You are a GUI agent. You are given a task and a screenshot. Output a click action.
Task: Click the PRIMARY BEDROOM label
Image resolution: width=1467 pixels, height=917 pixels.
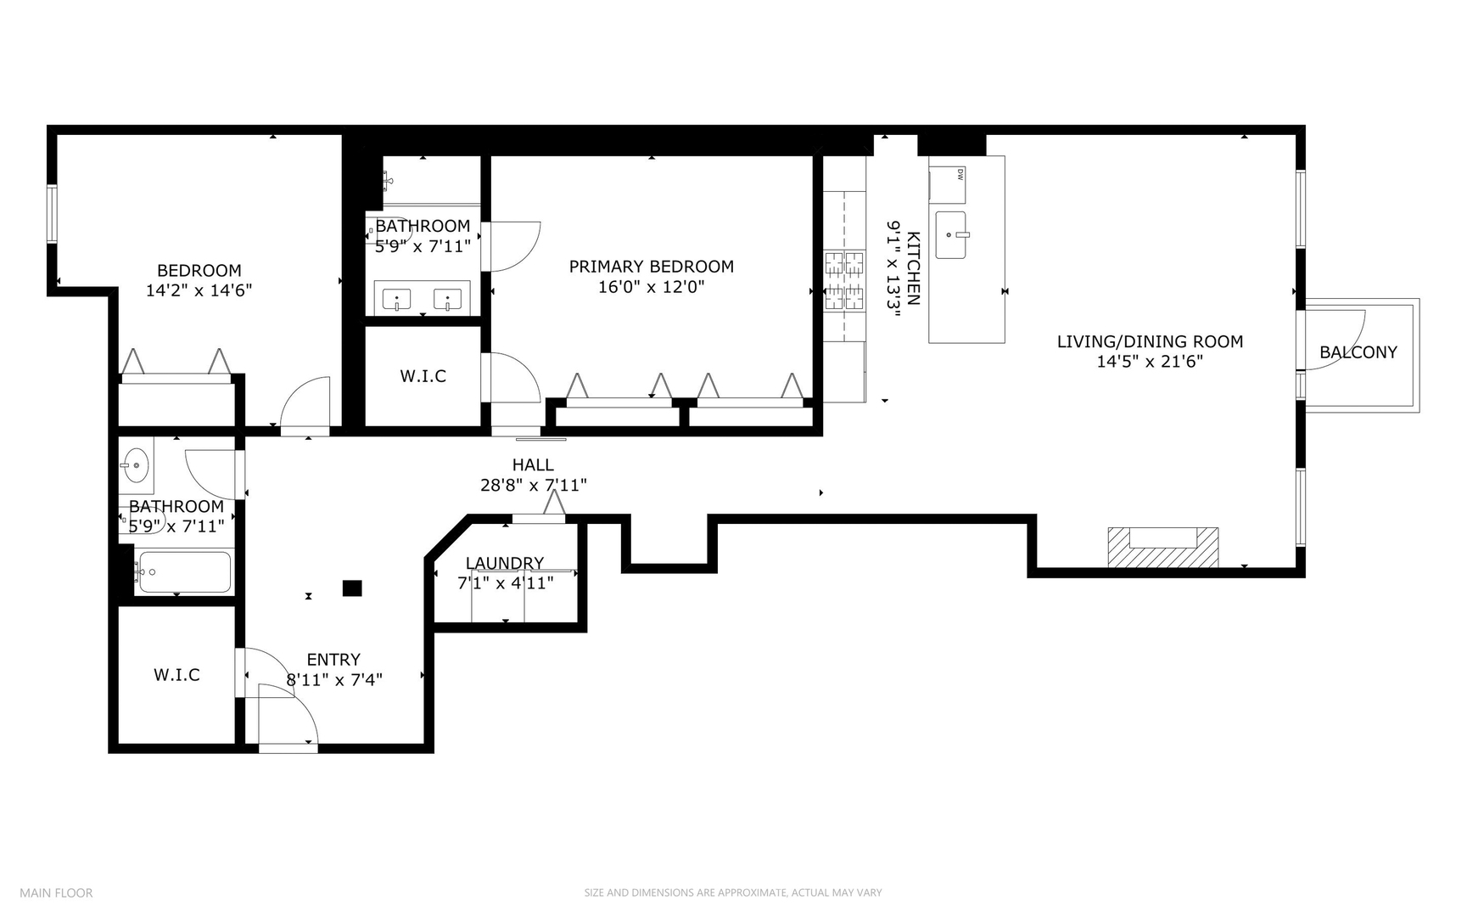[651, 267]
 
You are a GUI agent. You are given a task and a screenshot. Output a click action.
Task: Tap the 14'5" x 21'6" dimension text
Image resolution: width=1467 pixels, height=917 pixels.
[1150, 362]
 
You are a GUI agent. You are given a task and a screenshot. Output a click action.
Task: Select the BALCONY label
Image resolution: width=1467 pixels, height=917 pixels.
[1358, 352]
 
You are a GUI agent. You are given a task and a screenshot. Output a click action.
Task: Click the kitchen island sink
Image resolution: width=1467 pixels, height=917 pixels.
[950, 235]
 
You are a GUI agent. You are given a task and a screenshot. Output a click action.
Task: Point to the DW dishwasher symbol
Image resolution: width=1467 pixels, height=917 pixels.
[960, 175]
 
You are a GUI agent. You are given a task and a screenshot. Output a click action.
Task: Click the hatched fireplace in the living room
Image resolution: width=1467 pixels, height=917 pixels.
[1162, 548]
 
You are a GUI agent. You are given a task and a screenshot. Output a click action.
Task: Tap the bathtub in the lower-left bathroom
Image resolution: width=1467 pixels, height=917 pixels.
[184, 572]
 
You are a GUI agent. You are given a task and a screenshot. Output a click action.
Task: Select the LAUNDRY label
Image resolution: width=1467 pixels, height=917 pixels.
[505, 563]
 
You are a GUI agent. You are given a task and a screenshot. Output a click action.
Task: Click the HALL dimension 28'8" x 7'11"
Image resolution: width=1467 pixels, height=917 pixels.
[533, 486]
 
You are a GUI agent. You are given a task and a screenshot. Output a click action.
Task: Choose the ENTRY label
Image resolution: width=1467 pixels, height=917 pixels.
[333, 660]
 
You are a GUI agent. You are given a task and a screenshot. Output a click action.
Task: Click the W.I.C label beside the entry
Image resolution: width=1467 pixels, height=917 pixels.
[176, 675]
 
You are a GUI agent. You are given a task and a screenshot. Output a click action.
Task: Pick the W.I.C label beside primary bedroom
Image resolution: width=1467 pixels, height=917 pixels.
[423, 376]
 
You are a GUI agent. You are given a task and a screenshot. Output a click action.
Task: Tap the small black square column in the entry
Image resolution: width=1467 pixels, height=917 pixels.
[352, 588]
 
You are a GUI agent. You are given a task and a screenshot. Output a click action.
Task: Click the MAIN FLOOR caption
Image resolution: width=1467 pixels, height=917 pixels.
[56, 892]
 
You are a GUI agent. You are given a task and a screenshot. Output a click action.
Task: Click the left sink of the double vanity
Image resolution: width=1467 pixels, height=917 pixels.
[396, 299]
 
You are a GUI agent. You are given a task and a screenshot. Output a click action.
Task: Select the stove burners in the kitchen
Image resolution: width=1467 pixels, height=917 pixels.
[844, 280]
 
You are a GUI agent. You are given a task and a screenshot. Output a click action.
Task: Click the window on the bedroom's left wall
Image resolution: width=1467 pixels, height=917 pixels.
[52, 214]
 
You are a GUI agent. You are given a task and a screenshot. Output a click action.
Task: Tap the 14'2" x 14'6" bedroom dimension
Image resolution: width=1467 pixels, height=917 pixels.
[199, 290]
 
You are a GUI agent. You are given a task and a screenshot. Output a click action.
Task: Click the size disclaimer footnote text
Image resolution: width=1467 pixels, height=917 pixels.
[732, 892]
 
